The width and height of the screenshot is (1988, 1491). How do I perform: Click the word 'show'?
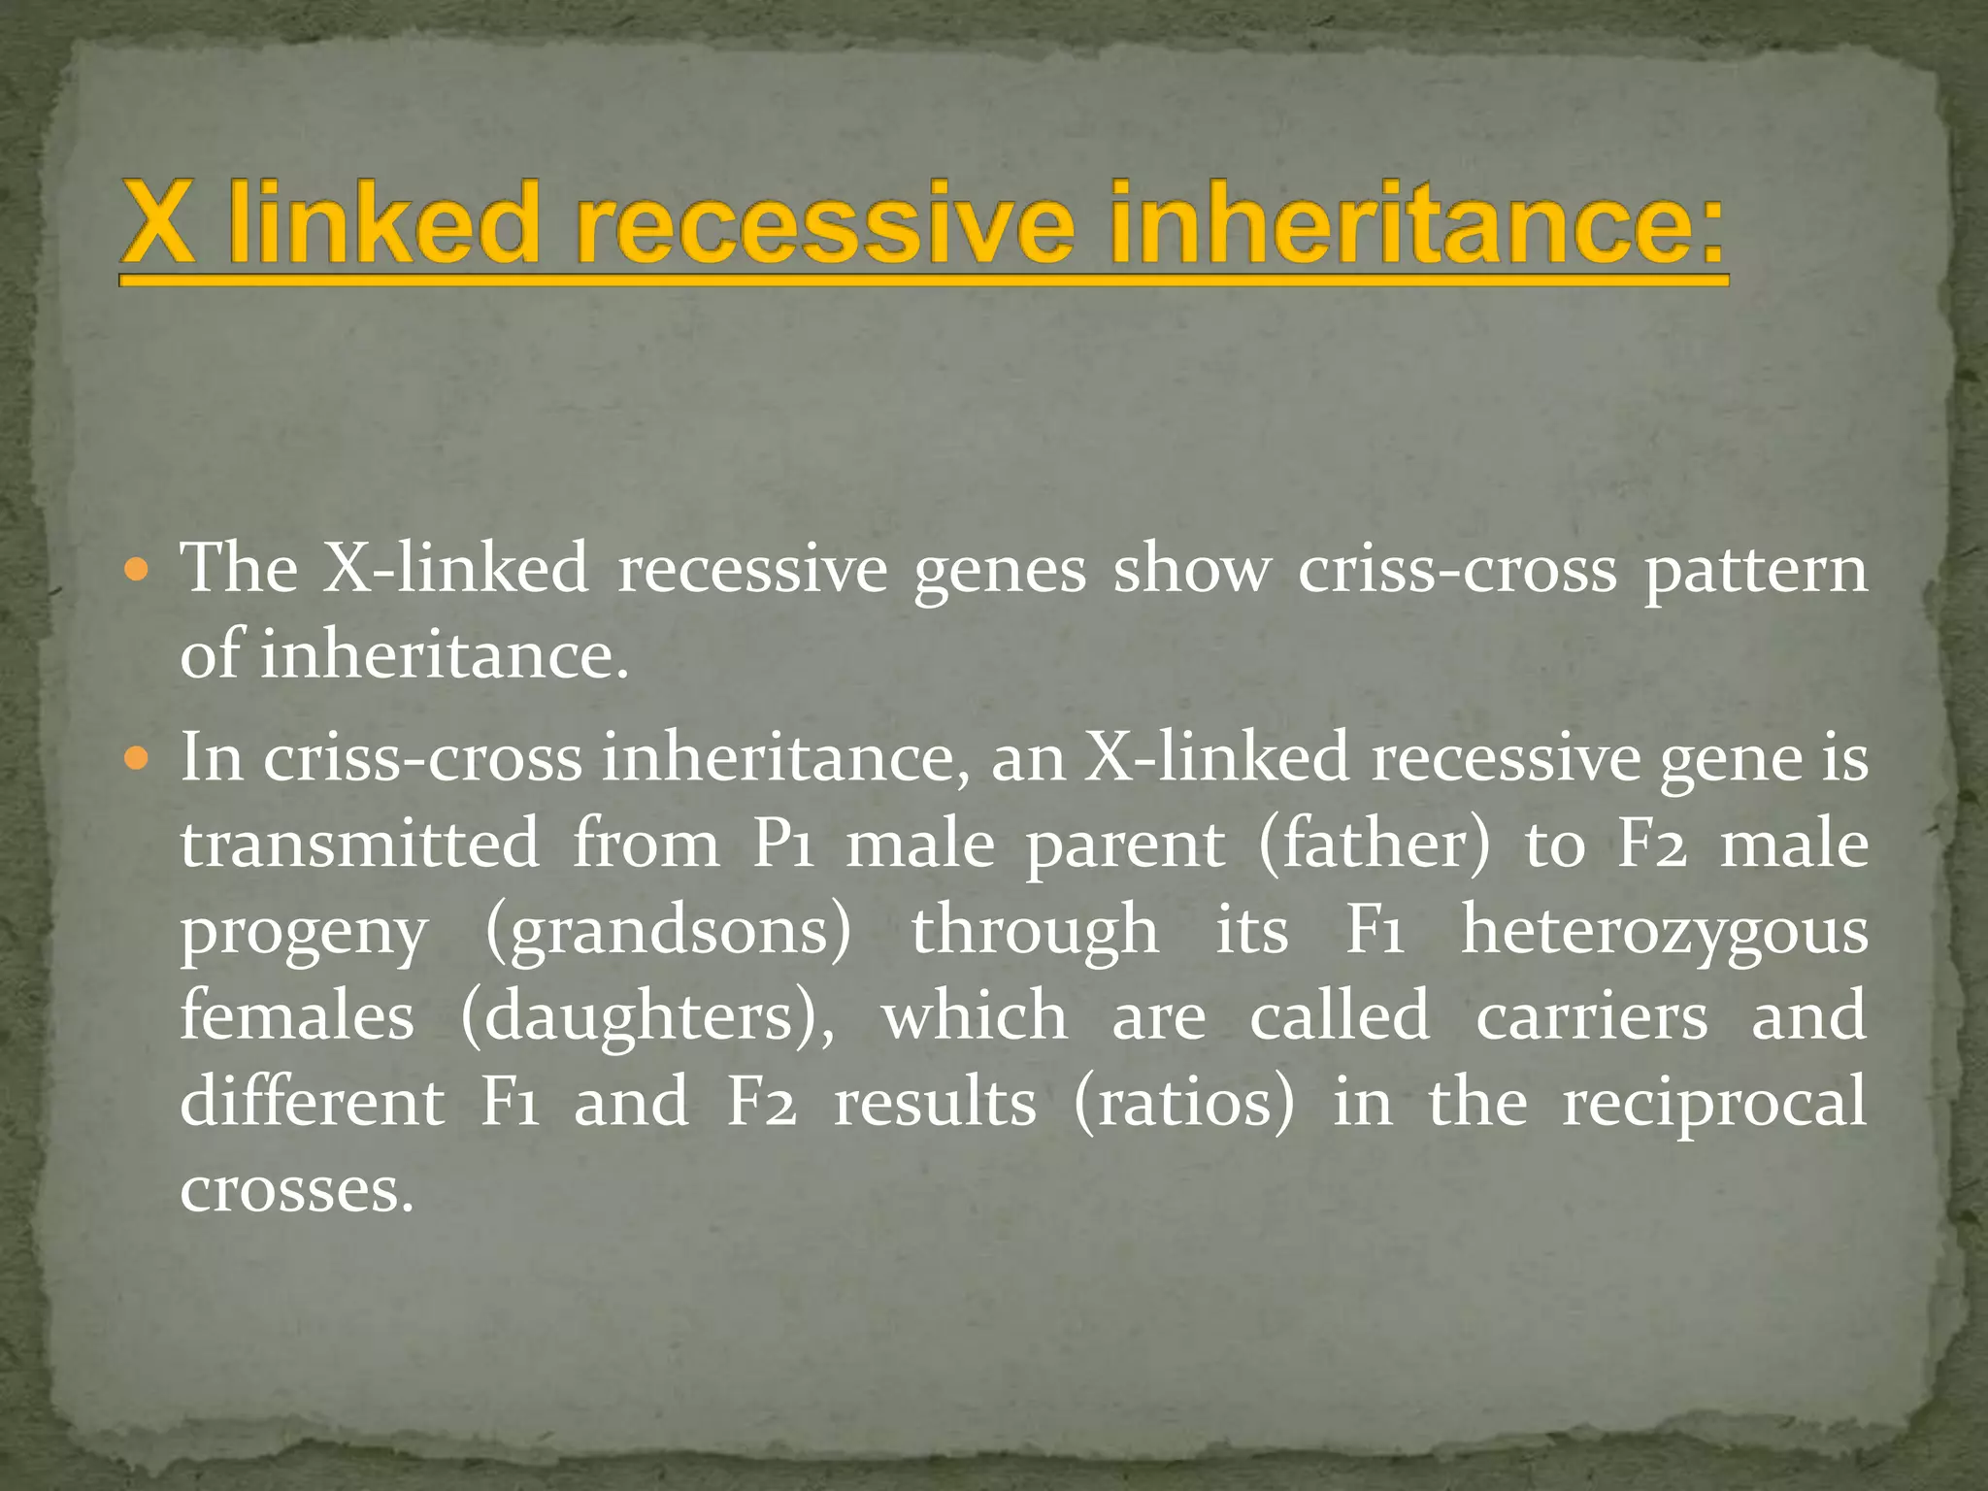tap(1192, 570)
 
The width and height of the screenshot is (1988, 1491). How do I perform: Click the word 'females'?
tap(297, 1015)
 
